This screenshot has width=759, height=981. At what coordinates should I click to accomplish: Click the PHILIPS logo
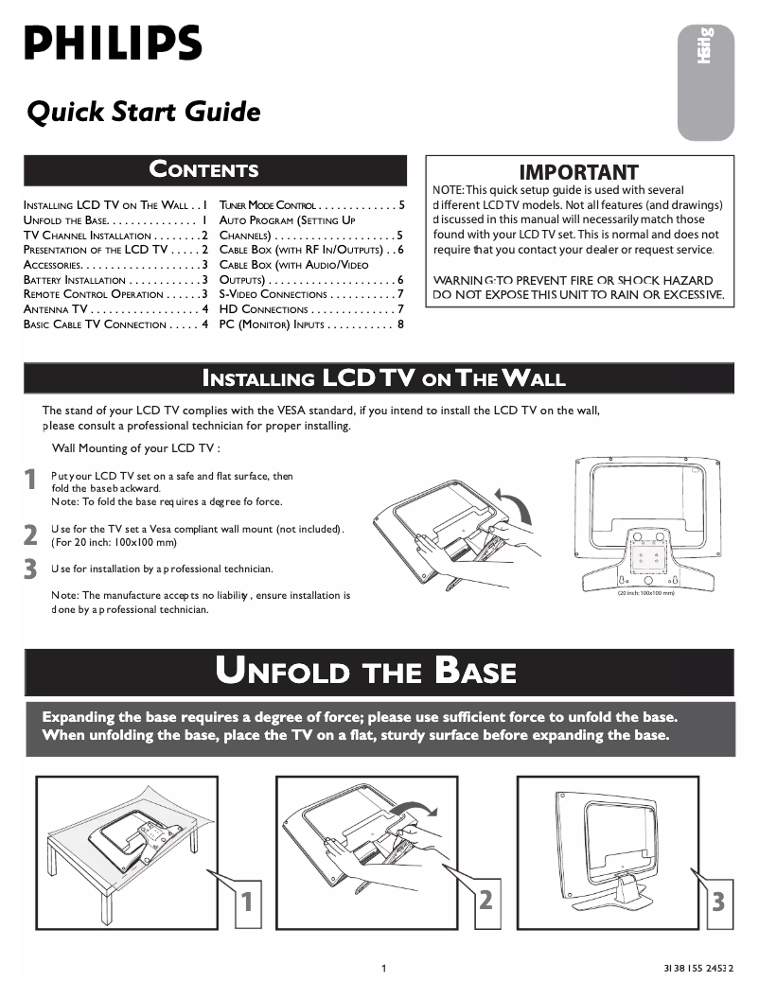coord(113,44)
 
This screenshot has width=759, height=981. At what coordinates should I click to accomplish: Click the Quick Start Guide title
coord(144,113)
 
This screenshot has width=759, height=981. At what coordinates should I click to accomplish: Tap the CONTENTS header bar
coord(203,170)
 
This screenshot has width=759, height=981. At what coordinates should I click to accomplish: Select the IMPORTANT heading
coord(578,172)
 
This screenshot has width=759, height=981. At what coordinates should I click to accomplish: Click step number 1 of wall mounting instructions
coord(31,480)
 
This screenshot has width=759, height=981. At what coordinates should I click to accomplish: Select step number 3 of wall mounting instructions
coord(31,569)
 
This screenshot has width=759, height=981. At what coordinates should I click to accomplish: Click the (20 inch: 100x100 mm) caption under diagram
coord(645,593)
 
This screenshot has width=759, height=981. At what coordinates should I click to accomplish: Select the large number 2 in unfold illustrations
coord(485,900)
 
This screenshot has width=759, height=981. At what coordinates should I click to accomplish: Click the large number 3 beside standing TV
coord(717,902)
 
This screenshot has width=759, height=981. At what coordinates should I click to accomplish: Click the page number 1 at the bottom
coord(383,967)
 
